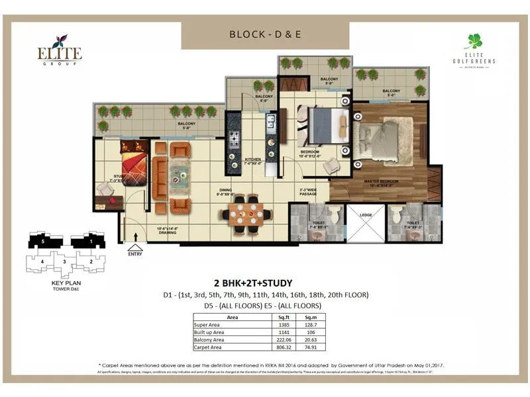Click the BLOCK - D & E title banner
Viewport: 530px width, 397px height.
(x=265, y=34)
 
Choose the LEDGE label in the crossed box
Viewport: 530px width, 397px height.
(x=366, y=214)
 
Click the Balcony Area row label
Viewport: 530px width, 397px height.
(x=209, y=340)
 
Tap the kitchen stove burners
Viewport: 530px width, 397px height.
(x=235, y=139)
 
